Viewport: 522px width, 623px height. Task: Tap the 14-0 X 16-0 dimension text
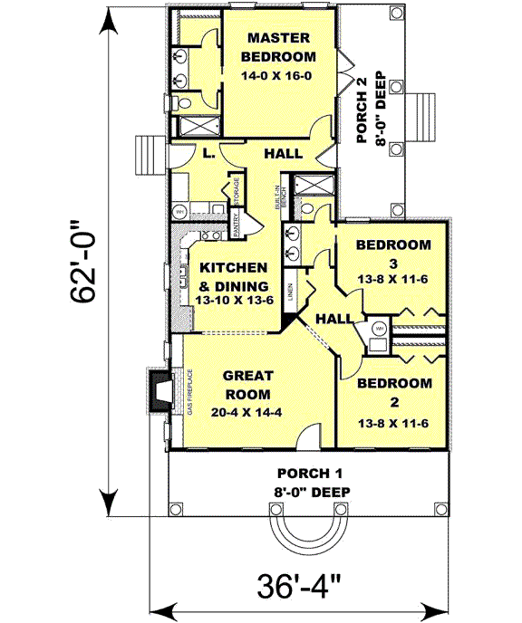(276, 76)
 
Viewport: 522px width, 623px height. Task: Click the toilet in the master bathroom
(182, 101)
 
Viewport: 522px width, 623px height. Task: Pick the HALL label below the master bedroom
(283, 155)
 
